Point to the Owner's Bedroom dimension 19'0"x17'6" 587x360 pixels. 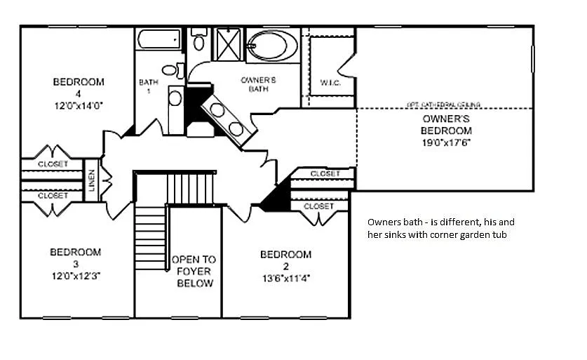pyautogui.click(x=446, y=142)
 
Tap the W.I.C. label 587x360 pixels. pyautogui.click(x=330, y=82)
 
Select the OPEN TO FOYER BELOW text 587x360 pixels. pyautogui.click(x=194, y=271)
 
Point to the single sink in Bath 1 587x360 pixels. pyautogui.click(x=175, y=98)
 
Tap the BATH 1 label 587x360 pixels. pyautogui.click(x=149, y=86)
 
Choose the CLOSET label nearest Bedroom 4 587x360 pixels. pyautogui.click(x=53, y=164)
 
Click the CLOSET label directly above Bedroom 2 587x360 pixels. pyautogui.click(x=318, y=206)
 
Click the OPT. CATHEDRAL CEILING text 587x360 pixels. pyautogui.click(x=443, y=105)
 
